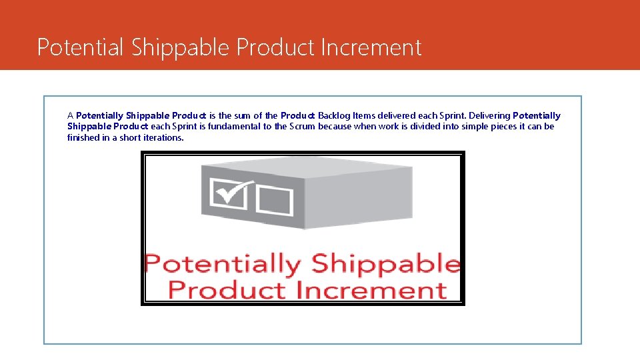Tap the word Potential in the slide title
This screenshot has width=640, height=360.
coord(81,47)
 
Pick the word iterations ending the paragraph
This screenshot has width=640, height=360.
coord(163,137)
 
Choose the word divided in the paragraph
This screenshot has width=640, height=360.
coord(426,126)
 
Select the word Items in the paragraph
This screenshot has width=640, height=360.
coord(365,115)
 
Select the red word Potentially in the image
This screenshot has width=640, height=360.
coord(223,265)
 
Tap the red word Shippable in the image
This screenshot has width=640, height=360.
coord(385,265)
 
